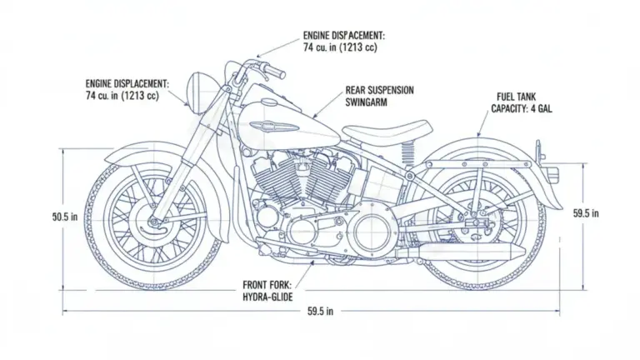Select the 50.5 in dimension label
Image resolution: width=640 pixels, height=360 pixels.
pyautogui.click(x=65, y=217)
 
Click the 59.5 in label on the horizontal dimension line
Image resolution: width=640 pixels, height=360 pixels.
pyautogui.click(x=320, y=312)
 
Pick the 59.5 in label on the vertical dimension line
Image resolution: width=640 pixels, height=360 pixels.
pyautogui.click(x=587, y=213)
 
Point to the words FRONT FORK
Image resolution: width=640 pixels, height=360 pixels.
pyautogui.click(x=268, y=283)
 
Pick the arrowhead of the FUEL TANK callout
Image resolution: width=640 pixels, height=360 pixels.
pyautogui.click(x=477, y=136)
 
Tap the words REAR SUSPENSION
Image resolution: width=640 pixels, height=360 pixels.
pyautogui.click(x=379, y=89)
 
